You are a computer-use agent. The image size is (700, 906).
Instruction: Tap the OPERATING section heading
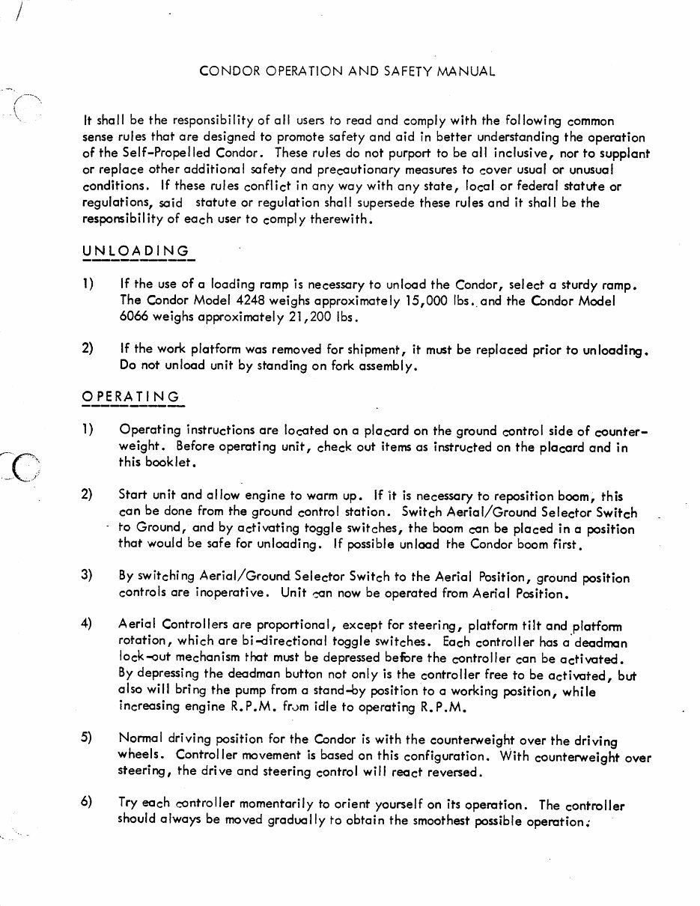(x=131, y=397)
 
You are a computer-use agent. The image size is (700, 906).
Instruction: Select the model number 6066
(x=134, y=317)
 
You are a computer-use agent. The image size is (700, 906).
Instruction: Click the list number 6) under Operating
(x=87, y=802)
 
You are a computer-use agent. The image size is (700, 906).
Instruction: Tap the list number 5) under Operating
(x=87, y=738)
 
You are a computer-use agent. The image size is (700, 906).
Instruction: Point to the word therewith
(x=340, y=219)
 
